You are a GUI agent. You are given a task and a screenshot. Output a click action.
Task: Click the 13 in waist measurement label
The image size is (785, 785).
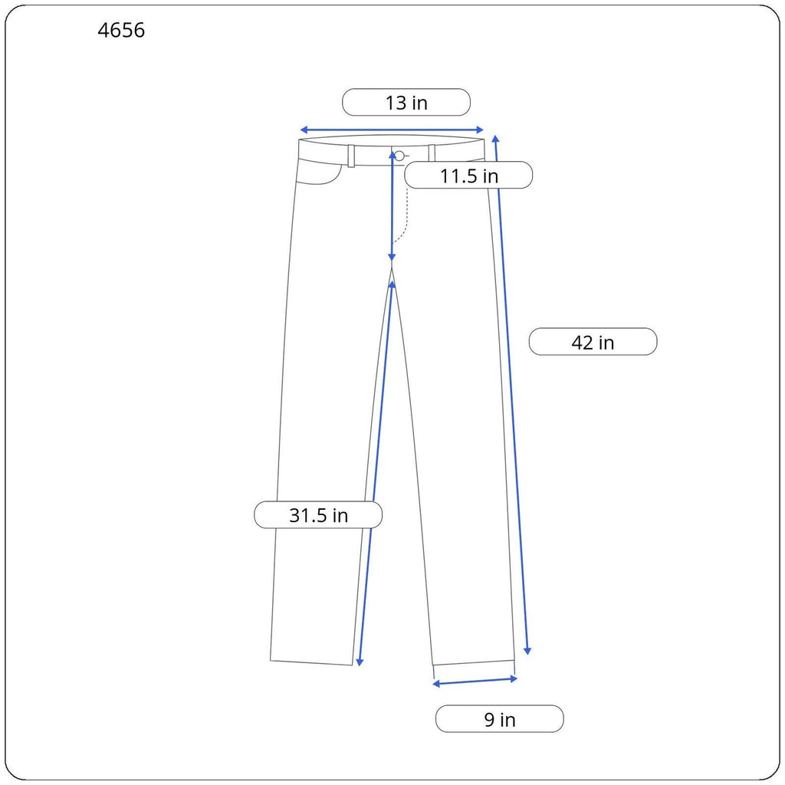[406, 103]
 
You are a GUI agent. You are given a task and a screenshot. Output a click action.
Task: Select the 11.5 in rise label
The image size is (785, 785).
[468, 176]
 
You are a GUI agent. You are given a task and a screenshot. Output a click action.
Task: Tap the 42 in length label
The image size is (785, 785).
[593, 342]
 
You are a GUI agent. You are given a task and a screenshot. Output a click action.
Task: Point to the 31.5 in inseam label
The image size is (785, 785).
[318, 514]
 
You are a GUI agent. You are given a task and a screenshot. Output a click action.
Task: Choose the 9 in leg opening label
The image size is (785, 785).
[500, 719]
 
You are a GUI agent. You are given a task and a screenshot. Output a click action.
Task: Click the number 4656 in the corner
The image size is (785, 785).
[121, 30]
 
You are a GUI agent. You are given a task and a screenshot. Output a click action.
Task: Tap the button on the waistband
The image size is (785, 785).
[399, 156]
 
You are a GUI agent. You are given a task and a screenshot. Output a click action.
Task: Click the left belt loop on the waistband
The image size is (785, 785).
[351, 156]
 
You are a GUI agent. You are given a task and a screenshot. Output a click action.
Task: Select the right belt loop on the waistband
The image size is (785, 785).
[432, 153]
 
